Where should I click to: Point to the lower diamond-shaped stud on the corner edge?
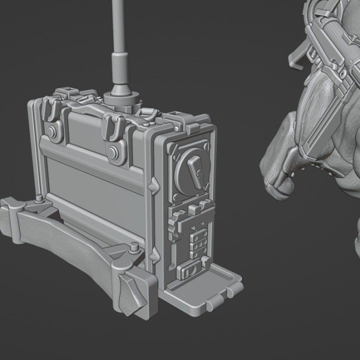pyautogui.click(x=155, y=255)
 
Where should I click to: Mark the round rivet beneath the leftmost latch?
pyautogui.click(x=52, y=132)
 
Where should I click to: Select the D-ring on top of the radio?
pyautogui.click(x=147, y=114)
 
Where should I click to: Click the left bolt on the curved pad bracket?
pyautogui.click(x=39, y=198)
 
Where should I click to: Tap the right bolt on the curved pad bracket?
pyautogui.click(x=134, y=246)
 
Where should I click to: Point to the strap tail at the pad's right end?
pyautogui.click(x=131, y=295)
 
